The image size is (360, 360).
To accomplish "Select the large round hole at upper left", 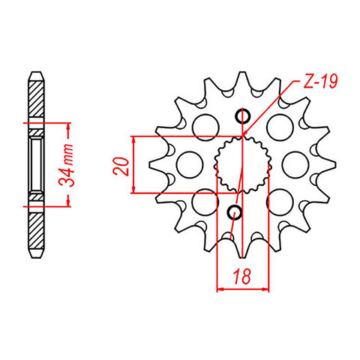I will [204, 128].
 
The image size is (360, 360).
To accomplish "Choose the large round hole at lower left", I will [203, 200].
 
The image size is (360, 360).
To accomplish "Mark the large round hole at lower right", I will [277, 200].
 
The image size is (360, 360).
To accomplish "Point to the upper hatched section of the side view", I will [36, 97].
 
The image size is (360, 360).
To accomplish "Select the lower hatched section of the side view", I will [36, 229].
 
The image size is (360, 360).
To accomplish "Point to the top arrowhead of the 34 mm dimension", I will [69, 126].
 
